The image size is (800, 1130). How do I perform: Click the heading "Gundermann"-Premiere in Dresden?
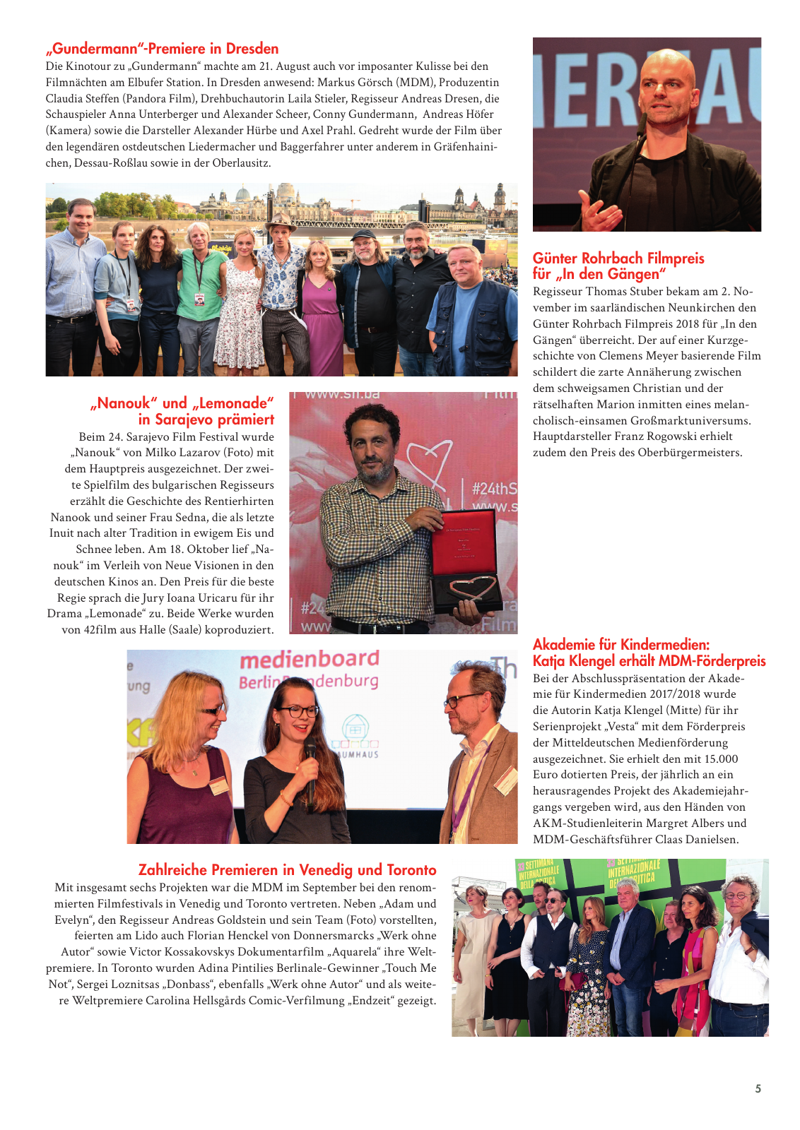(162, 49)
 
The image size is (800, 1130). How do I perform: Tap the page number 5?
(758, 1088)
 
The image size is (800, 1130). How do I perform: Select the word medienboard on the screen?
(310, 659)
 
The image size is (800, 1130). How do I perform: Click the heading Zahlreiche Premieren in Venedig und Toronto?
(287, 869)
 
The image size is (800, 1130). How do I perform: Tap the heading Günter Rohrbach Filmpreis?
(618, 258)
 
